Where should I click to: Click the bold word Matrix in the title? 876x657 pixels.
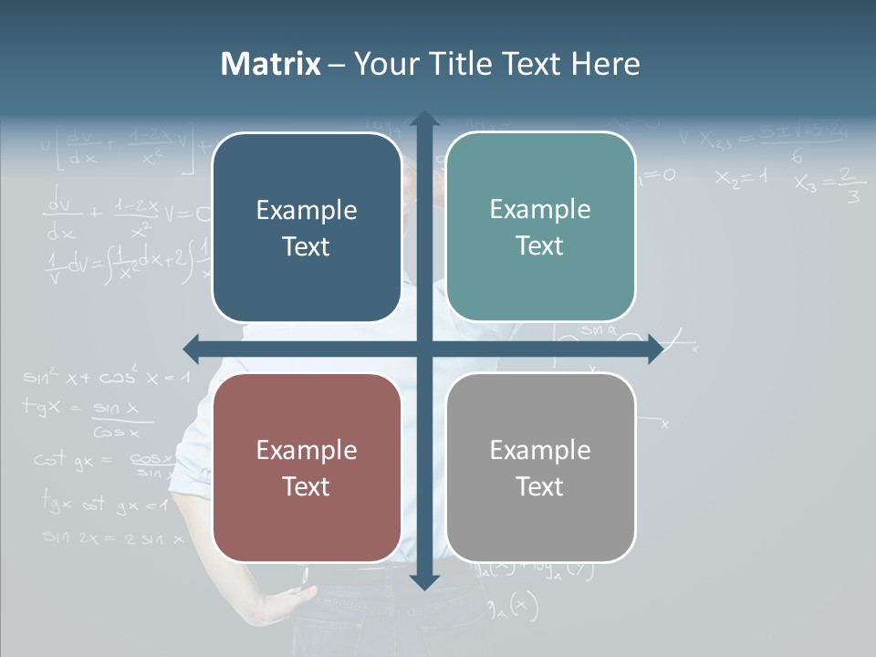click(x=270, y=64)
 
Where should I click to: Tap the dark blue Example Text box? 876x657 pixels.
click(x=307, y=228)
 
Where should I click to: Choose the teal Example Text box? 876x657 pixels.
click(x=540, y=227)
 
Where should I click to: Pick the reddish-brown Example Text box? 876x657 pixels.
click(x=307, y=468)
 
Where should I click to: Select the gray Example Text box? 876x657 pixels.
click(x=540, y=468)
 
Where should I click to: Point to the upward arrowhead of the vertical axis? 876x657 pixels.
click(x=423, y=120)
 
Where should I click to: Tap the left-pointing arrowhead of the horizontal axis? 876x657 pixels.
click(x=192, y=349)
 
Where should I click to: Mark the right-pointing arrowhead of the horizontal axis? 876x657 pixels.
click(x=655, y=349)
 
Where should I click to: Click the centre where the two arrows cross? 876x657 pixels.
click(x=423, y=349)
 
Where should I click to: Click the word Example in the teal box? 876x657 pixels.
click(x=540, y=210)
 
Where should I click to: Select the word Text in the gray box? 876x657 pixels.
click(x=540, y=486)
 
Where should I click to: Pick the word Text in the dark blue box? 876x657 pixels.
click(x=307, y=246)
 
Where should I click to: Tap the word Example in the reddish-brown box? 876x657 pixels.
click(x=307, y=450)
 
